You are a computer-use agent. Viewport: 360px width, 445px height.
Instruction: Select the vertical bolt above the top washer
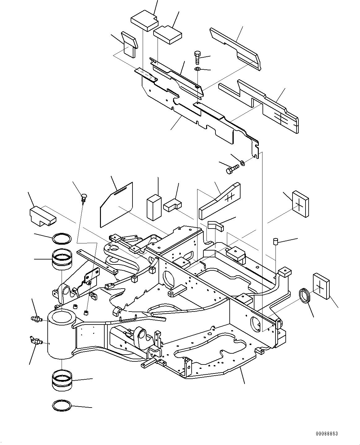point(197,57)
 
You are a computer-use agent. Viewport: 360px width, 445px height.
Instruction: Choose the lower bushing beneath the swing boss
point(62,381)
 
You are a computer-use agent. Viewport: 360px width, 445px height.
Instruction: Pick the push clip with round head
point(83,197)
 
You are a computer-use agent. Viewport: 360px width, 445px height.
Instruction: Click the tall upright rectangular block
point(154,208)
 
